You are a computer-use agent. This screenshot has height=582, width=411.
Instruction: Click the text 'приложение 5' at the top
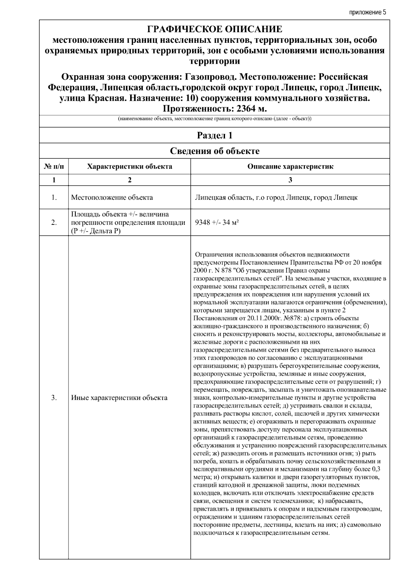[x=368, y=13]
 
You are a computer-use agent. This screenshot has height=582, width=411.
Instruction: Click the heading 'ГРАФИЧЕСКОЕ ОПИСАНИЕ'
[x=214, y=29]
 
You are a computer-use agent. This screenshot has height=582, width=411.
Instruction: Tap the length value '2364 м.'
[x=246, y=109]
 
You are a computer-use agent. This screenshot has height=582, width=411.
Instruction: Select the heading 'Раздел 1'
[x=214, y=135]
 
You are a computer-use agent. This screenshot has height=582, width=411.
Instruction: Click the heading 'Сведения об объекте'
[x=214, y=151]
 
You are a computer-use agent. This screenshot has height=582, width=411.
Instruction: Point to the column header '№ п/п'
[x=54, y=167]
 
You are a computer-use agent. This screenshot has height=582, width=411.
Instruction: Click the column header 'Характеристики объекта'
[x=129, y=167]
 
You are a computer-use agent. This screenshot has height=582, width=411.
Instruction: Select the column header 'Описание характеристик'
[x=290, y=167]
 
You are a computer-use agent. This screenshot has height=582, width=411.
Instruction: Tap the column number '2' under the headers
[x=129, y=180]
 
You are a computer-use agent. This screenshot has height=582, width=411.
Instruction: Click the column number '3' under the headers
[x=290, y=180]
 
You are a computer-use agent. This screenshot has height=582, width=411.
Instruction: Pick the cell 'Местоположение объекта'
[x=112, y=197]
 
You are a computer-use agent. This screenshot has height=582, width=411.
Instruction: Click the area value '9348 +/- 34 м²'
[x=216, y=222]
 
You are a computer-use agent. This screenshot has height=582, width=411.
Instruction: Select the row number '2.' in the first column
[x=54, y=222]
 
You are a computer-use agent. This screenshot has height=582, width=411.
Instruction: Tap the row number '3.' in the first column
[x=54, y=398]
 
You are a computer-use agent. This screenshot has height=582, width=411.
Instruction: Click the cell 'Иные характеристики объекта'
[x=119, y=398]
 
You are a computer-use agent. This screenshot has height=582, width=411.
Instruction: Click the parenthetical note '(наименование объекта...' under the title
[x=214, y=119]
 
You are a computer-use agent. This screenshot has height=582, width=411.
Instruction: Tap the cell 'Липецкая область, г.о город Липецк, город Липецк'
[x=276, y=197]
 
